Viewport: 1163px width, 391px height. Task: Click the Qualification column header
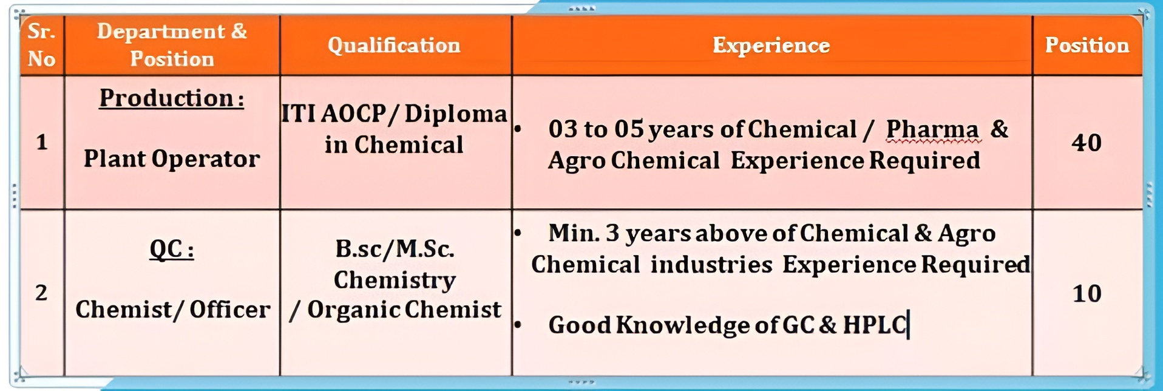click(x=394, y=46)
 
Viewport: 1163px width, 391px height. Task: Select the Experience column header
click(x=771, y=46)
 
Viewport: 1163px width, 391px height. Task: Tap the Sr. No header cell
click(x=42, y=45)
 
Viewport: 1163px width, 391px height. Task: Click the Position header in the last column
click(x=1087, y=46)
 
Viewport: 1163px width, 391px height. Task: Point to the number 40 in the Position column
click(x=1087, y=143)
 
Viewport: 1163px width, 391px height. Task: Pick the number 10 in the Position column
click(x=1087, y=294)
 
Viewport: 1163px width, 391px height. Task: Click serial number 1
click(x=42, y=142)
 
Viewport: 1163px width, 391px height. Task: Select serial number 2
click(x=41, y=293)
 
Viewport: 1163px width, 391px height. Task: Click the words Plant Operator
click(x=172, y=159)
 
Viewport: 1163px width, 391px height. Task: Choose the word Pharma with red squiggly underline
click(x=932, y=130)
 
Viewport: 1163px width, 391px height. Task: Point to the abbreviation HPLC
click(x=875, y=325)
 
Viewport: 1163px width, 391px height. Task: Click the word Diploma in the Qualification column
click(x=455, y=114)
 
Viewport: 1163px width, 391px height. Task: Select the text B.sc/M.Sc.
click(x=395, y=249)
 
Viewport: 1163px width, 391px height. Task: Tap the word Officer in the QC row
click(x=229, y=310)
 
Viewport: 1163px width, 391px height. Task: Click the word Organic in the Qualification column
click(x=353, y=310)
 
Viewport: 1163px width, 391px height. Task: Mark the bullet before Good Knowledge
click(x=518, y=325)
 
